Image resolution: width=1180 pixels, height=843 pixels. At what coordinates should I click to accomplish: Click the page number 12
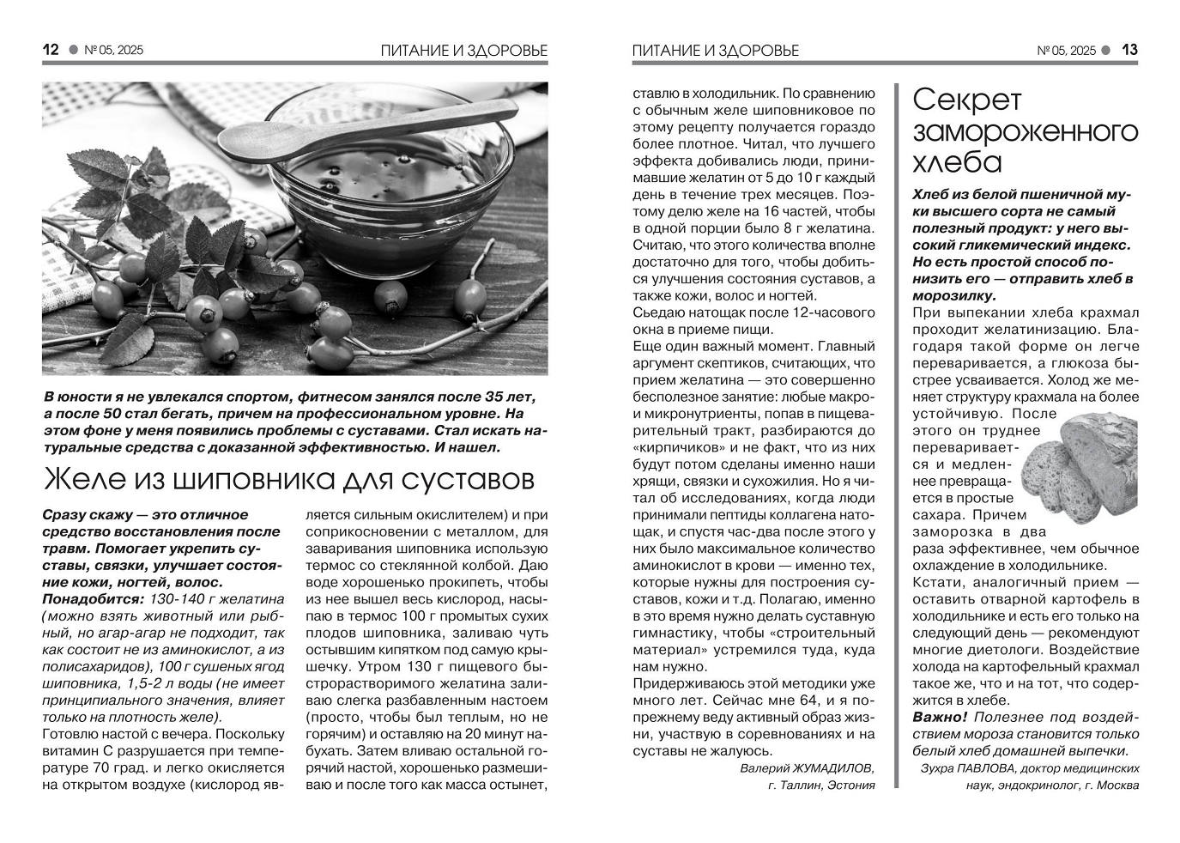pyautogui.click(x=51, y=50)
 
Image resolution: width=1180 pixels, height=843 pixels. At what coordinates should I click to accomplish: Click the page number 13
pyautogui.click(x=1129, y=50)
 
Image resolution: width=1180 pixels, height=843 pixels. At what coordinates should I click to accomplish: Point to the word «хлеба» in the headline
pyautogui.click(x=957, y=161)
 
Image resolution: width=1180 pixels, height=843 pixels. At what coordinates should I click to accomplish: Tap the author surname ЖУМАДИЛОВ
pyautogui.click(x=834, y=767)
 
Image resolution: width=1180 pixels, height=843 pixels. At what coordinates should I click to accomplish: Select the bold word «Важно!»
pyautogui.click(x=940, y=717)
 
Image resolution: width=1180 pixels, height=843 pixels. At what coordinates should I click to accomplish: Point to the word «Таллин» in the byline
pyautogui.click(x=800, y=785)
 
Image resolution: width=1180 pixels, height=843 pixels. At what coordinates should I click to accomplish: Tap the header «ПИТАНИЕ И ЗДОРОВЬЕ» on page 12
pyautogui.click(x=463, y=51)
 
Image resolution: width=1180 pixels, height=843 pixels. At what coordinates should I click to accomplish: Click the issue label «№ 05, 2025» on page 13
pyautogui.click(x=1067, y=51)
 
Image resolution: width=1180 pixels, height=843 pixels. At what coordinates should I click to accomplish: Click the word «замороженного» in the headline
pyautogui.click(x=1026, y=131)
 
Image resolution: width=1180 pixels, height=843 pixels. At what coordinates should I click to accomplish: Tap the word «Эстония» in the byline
pyautogui.click(x=850, y=785)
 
